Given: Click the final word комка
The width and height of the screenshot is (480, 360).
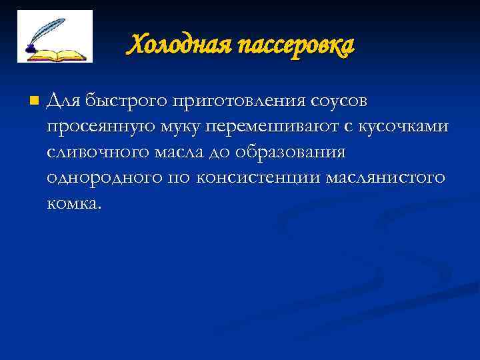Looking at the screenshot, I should [x=75, y=203].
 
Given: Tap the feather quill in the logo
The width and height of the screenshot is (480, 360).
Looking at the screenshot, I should [x=47, y=30].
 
